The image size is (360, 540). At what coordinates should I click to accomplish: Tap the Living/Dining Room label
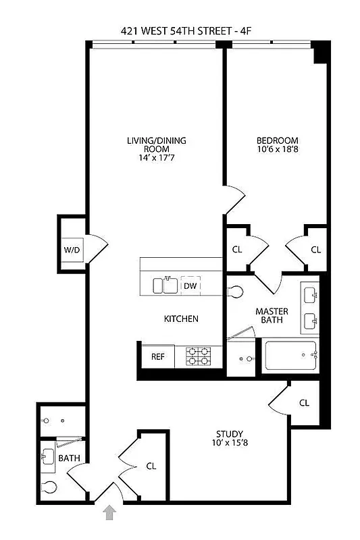pos(156,144)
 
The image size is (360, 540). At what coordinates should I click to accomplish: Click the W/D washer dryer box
pos(72,250)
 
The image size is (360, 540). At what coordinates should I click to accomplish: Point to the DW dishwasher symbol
pos(190,286)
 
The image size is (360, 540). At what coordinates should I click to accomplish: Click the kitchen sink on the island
pos(164,286)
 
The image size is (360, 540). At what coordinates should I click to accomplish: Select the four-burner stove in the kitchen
pos(200,356)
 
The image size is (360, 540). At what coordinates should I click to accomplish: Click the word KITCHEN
pos(181,319)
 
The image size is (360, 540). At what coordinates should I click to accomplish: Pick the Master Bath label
pos(273,316)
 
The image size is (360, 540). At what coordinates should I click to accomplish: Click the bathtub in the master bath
pos(291,356)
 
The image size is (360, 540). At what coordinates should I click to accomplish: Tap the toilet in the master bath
pos(234,292)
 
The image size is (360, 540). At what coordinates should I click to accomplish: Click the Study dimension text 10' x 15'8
pos(230,443)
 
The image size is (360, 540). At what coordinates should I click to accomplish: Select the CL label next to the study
pos(304,403)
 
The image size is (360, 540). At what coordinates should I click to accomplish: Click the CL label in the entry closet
pos(151,466)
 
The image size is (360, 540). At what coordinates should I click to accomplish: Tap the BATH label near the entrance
pos(68,458)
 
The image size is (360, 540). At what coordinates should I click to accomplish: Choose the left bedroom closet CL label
pos(237,249)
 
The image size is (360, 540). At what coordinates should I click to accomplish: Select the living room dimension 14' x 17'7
pos(156,158)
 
